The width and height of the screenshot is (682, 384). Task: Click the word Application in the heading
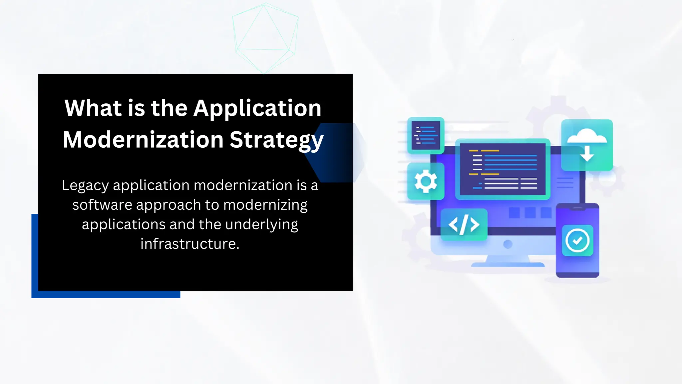click(x=257, y=109)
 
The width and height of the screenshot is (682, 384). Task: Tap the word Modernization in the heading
click(x=143, y=140)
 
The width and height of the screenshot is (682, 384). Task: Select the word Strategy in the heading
click(x=276, y=140)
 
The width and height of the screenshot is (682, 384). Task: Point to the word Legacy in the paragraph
click(x=85, y=186)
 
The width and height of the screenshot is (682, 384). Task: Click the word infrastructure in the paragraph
click(x=189, y=244)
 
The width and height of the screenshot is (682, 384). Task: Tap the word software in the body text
click(x=102, y=205)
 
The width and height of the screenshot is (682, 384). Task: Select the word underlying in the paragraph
click(x=261, y=225)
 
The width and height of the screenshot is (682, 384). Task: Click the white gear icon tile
click(x=426, y=181)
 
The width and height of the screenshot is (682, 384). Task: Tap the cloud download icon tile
click(x=587, y=145)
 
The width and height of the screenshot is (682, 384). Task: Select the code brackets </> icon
click(x=464, y=224)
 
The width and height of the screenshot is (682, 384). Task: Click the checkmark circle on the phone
click(x=577, y=240)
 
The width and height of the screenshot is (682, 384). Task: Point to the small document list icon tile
click(x=426, y=135)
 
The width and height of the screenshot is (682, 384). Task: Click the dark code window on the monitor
click(x=503, y=169)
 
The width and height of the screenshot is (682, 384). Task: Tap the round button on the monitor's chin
click(x=508, y=244)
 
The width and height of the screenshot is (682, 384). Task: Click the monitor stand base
click(x=508, y=265)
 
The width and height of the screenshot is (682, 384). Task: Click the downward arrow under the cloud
click(x=587, y=154)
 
